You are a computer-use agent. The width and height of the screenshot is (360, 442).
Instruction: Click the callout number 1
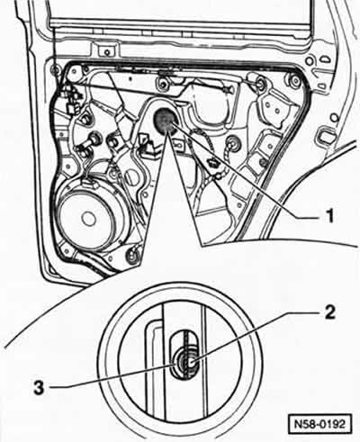click(x=329, y=215)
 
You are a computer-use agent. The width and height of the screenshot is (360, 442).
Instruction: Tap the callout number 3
click(x=39, y=388)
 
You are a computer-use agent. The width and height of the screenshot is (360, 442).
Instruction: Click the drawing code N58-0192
click(x=319, y=424)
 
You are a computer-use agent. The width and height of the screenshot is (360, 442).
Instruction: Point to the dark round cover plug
click(x=165, y=118)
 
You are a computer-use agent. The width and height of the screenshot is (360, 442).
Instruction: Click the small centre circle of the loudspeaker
click(x=88, y=219)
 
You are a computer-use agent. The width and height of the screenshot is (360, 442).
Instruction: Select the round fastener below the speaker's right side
click(x=133, y=256)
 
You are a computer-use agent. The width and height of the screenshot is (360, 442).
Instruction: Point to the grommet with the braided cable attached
click(x=233, y=142)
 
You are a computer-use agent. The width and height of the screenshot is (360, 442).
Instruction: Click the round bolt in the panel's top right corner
click(x=295, y=80)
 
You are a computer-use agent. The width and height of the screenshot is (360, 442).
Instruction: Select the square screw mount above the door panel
click(x=106, y=51)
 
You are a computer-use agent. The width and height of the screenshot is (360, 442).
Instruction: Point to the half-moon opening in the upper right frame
click(x=325, y=59)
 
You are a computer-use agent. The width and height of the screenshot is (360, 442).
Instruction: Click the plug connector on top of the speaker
click(x=89, y=183)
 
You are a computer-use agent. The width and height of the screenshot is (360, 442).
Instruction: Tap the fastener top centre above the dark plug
click(x=164, y=83)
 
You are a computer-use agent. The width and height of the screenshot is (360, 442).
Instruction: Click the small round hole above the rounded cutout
click(x=333, y=116)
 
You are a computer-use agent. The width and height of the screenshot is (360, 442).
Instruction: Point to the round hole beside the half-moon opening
click(x=308, y=61)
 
